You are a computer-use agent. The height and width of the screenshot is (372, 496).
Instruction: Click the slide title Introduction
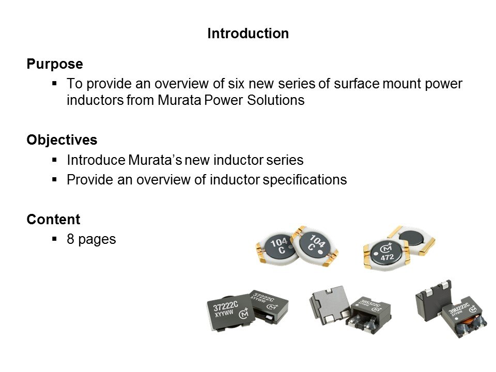247,34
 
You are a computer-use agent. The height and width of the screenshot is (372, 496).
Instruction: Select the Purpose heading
55,65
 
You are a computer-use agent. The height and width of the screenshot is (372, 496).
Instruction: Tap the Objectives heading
61,140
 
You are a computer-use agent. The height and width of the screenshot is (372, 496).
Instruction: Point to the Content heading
53,220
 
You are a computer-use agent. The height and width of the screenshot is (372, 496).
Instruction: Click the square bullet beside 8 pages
55,240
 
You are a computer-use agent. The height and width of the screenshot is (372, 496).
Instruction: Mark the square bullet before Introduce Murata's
55,161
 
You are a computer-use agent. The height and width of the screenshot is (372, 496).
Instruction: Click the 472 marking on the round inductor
388,256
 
